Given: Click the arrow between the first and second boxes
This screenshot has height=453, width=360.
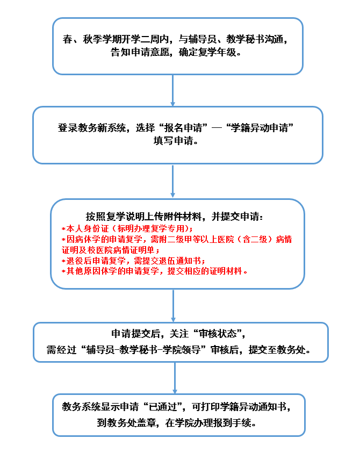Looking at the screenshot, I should (173, 90).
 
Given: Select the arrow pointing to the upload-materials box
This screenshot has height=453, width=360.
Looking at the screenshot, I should (173, 181).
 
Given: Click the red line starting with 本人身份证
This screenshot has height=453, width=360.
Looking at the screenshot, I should (126, 228).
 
